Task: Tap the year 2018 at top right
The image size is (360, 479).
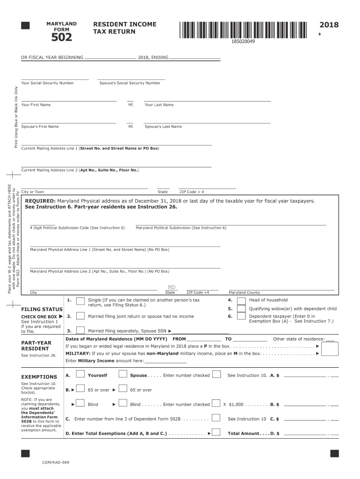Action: coord(329,25)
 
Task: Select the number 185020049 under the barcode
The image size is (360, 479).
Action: coord(243,42)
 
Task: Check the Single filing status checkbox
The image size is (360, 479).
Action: coord(80,301)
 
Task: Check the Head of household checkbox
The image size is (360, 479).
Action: coord(241,301)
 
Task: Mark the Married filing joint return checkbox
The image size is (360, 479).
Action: coord(80,316)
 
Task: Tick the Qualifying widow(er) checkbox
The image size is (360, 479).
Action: coord(241,309)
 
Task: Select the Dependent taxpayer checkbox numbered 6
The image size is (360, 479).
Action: coord(241,317)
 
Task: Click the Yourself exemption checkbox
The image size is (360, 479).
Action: coord(80,374)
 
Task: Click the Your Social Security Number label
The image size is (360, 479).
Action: coord(48,83)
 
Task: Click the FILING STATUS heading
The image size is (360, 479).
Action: coord(42,310)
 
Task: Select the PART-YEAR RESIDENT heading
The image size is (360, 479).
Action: coord(36,346)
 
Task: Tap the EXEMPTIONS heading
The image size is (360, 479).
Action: coord(39,377)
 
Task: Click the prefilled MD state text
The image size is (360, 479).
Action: coord(172,287)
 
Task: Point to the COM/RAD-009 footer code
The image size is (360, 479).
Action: coord(56,462)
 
